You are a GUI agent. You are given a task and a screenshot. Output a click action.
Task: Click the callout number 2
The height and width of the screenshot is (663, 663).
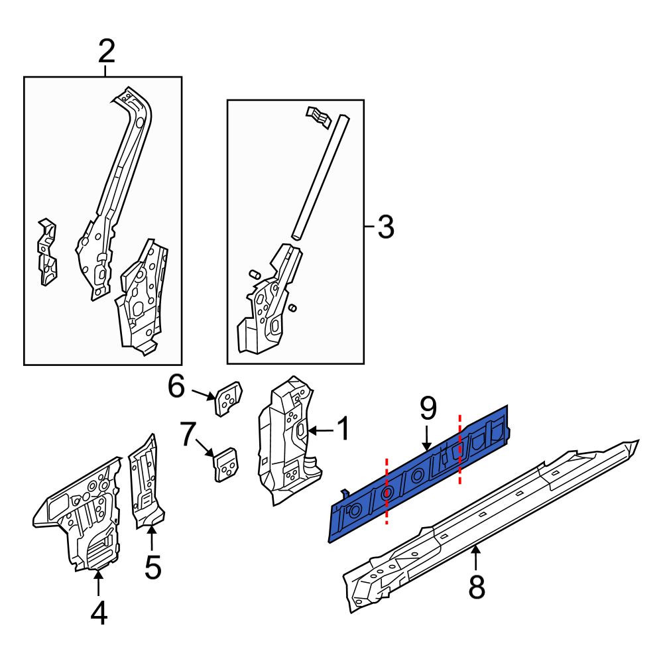click(106, 52)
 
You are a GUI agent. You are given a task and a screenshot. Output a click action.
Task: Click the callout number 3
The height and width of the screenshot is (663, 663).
click(386, 227)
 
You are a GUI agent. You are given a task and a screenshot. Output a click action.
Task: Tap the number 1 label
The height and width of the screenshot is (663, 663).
click(344, 428)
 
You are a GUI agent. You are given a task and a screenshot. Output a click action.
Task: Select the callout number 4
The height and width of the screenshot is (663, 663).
click(99, 613)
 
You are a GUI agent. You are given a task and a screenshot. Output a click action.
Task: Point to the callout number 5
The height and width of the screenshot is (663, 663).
click(152, 568)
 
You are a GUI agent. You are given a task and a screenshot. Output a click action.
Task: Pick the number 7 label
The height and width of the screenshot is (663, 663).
click(188, 434)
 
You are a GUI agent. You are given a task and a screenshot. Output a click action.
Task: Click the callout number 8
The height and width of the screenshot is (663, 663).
click(477, 587)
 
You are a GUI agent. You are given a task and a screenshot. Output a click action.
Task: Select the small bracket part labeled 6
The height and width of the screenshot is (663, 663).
click(229, 398)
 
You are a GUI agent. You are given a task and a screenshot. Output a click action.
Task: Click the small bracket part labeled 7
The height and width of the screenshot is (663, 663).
click(225, 464)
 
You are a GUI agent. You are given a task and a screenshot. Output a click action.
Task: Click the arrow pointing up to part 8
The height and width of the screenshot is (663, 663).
click(476, 558)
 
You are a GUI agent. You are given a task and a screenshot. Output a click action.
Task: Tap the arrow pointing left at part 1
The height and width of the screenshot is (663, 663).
click(322, 430)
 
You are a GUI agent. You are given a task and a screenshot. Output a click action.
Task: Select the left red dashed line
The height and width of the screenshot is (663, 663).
click(387, 491)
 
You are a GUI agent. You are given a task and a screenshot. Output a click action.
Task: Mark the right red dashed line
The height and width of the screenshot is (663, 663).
click(460, 449)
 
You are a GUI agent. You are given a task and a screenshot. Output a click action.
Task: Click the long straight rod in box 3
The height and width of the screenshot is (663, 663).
click(320, 178)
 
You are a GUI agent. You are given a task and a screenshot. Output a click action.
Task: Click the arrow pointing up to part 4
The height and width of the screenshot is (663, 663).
click(98, 582)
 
